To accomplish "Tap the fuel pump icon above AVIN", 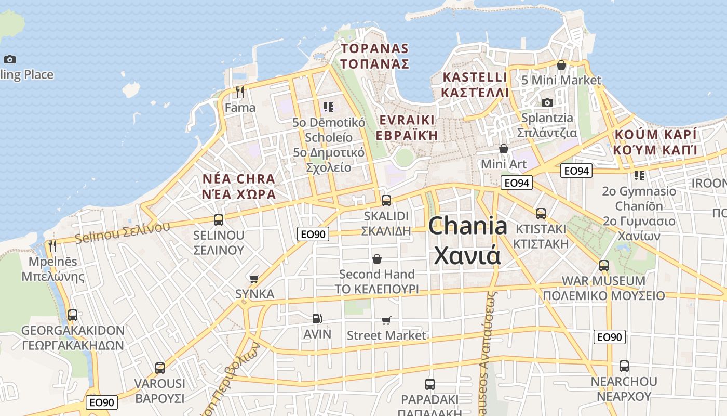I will (317, 318).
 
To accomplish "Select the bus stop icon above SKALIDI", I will (386, 200).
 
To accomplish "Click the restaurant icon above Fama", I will (240, 92).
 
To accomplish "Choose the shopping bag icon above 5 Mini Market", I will (561, 65).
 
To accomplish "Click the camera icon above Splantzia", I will (547, 103).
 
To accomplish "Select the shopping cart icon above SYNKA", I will (254, 279).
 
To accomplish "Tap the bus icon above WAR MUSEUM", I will (604, 266).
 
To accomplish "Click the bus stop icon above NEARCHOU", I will (624, 366).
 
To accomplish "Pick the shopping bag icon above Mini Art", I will (503, 149).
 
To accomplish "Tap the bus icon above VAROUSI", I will (160, 368).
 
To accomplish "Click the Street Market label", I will (386, 335).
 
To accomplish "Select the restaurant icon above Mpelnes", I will (52, 246).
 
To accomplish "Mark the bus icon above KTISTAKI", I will (541, 213).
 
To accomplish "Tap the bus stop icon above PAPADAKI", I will (429, 384).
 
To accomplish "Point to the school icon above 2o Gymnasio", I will (639, 176).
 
